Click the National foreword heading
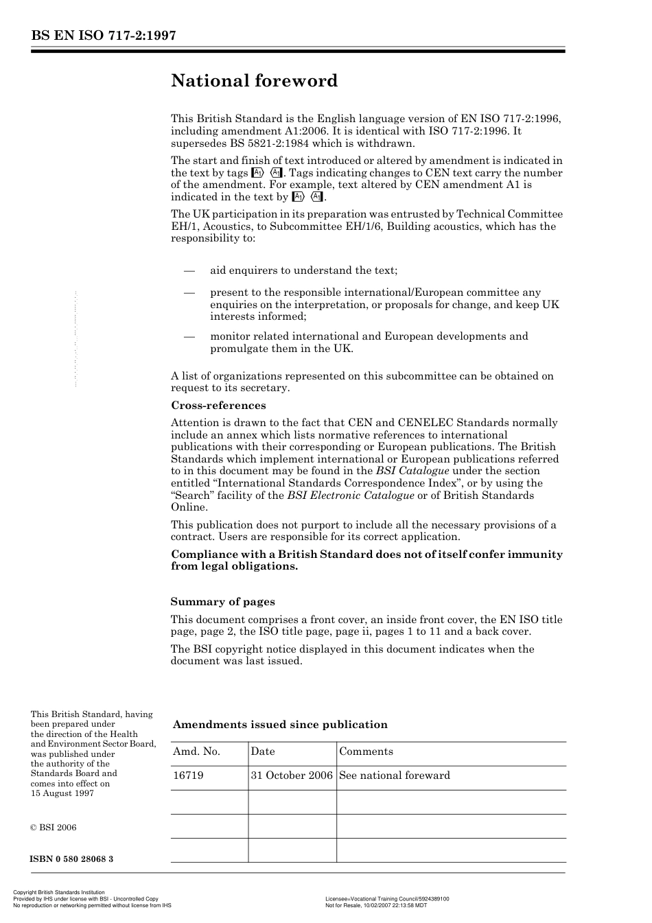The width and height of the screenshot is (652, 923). coord(254,81)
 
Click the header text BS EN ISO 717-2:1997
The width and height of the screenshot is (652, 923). coord(103,36)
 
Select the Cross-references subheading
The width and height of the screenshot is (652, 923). coord(218,406)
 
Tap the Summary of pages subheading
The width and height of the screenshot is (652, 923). coord(222,602)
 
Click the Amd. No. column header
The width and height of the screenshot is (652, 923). coord(196,751)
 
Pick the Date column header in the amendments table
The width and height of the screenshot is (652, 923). coord(263,751)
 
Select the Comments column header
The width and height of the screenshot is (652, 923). coord(366,751)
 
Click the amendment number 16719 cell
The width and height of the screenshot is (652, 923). coord(188,775)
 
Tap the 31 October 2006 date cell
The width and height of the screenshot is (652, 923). coord(292,775)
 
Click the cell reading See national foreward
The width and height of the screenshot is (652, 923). coord(395,775)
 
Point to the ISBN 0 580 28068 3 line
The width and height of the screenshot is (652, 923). coord(72,859)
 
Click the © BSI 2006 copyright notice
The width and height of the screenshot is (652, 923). coord(54,828)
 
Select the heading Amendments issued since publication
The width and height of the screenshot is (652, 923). coord(280,725)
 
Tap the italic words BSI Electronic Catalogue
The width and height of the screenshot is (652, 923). coord(351,495)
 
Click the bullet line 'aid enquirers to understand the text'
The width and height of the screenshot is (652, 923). coord(303,270)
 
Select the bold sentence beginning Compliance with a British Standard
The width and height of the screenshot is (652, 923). coord(366,560)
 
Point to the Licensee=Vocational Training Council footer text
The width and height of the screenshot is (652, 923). coord(387,899)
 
